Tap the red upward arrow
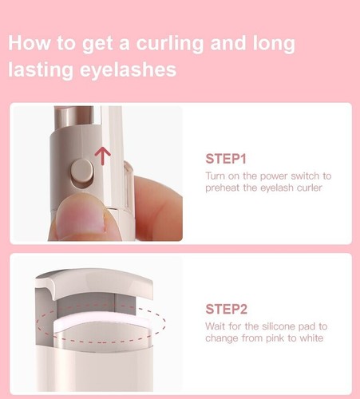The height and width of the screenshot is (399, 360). tap(101, 154)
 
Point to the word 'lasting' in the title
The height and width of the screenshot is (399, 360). tap(39, 70)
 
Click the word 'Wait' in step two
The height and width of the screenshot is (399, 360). tap(216, 326)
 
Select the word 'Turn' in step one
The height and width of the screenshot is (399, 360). tap(216, 176)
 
